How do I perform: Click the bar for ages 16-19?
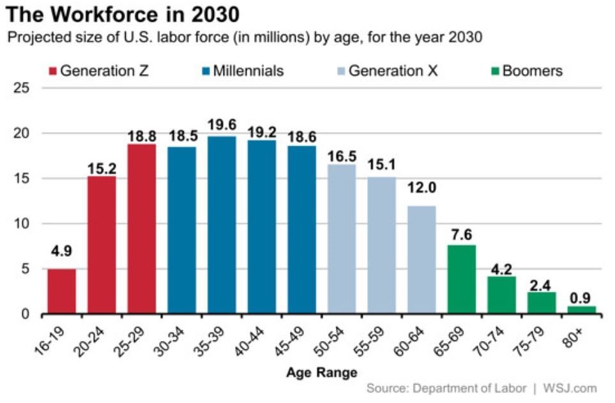pyautogui.click(x=61, y=291)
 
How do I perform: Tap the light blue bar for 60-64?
pyautogui.click(x=421, y=259)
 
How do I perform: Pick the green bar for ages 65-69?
pyautogui.click(x=462, y=279)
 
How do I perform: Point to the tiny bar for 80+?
pyautogui.click(x=581, y=310)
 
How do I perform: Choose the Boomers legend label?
pyautogui.click(x=533, y=70)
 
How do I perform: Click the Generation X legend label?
pyautogui.click(x=393, y=70)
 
